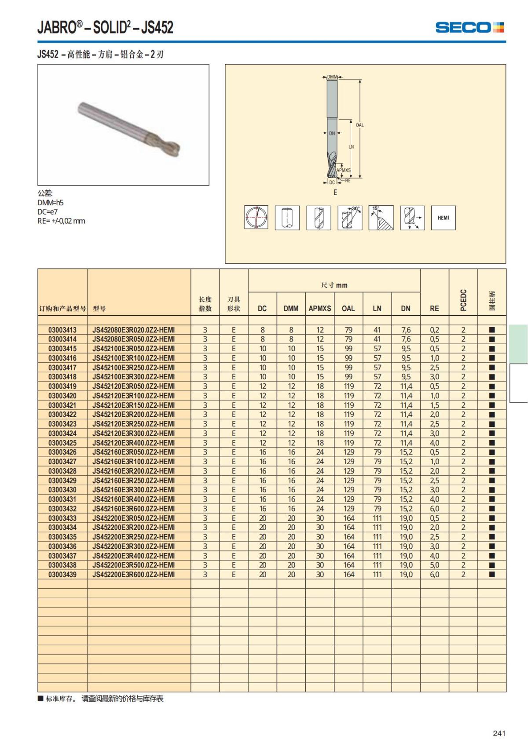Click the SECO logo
(x=469, y=27)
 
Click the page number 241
(x=499, y=733)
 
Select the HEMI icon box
(x=443, y=218)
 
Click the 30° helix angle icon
(x=350, y=218)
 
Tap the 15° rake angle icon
(x=381, y=218)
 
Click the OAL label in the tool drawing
(x=359, y=125)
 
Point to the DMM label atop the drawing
(x=332, y=77)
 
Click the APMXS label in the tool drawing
(x=344, y=170)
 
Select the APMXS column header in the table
(x=319, y=309)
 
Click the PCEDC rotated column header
(x=463, y=300)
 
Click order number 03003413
(x=62, y=330)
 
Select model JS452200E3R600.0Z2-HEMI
(x=133, y=575)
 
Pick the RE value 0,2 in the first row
(x=434, y=330)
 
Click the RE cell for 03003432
(x=434, y=509)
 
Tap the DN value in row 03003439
(x=406, y=575)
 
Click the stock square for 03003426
(x=492, y=452)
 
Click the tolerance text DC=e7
(x=48, y=211)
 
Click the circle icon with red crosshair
(x=256, y=218)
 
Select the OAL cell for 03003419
(x=348, y=386)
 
